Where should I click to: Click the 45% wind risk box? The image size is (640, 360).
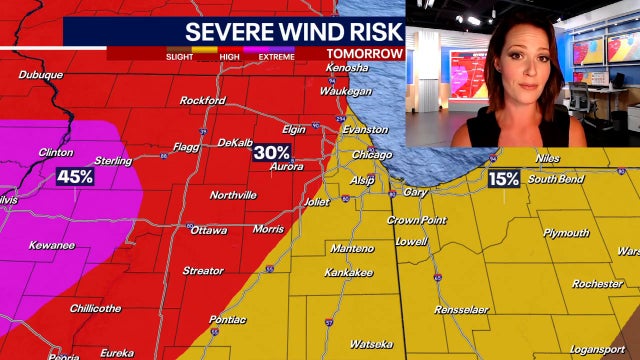75,176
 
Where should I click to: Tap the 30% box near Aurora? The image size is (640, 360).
271,152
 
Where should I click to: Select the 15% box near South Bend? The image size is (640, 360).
504,179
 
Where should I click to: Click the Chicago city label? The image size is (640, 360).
372,155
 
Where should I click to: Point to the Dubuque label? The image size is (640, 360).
40,75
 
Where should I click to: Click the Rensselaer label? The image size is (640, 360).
461,310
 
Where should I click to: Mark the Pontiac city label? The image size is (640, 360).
228,320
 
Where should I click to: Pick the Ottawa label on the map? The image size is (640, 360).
208,229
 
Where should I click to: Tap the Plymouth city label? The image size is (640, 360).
566,232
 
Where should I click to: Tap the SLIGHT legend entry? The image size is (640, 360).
180,57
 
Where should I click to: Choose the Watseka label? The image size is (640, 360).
370,344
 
